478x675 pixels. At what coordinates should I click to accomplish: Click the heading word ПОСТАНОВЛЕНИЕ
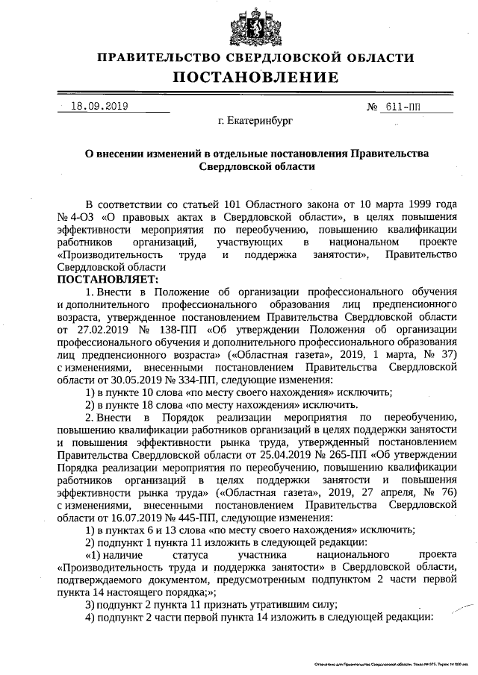click(255, 77)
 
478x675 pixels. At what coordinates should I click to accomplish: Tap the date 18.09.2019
click(99, 106)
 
